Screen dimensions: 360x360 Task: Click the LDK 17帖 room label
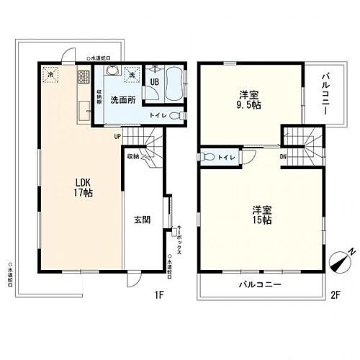click(81, 188)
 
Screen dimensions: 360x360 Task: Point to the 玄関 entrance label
click(141, 220)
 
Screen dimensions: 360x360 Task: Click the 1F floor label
click(159, 294)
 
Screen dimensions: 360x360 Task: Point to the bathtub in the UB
click(172, 85)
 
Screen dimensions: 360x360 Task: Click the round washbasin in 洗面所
click(112, 71)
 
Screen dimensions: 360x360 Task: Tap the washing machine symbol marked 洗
click(132, 73)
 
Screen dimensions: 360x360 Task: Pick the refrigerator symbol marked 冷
click(51, 74)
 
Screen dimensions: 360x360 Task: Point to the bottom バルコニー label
click(261, 285)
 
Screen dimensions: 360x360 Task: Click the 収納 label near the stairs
click(132, 155)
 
